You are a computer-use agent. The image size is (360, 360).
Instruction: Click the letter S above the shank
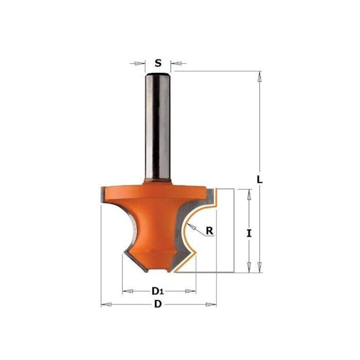pyautogui.click(x=158, y=64)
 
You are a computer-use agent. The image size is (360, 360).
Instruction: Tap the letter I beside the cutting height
pyautogui.click(x=249, y=233)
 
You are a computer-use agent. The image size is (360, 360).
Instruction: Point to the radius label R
pyautogui.click(x=209, y=231)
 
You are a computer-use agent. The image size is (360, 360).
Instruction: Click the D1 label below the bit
pyautogui.click(x=158, y=292)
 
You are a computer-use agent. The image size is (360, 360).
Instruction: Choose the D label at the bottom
pyautogui.click(x=158, y=304)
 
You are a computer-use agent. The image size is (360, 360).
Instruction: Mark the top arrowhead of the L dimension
pyautogui.click(x=260, y=77)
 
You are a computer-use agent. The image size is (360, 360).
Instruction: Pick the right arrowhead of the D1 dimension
pyautogui.click(x=192, y=292)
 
